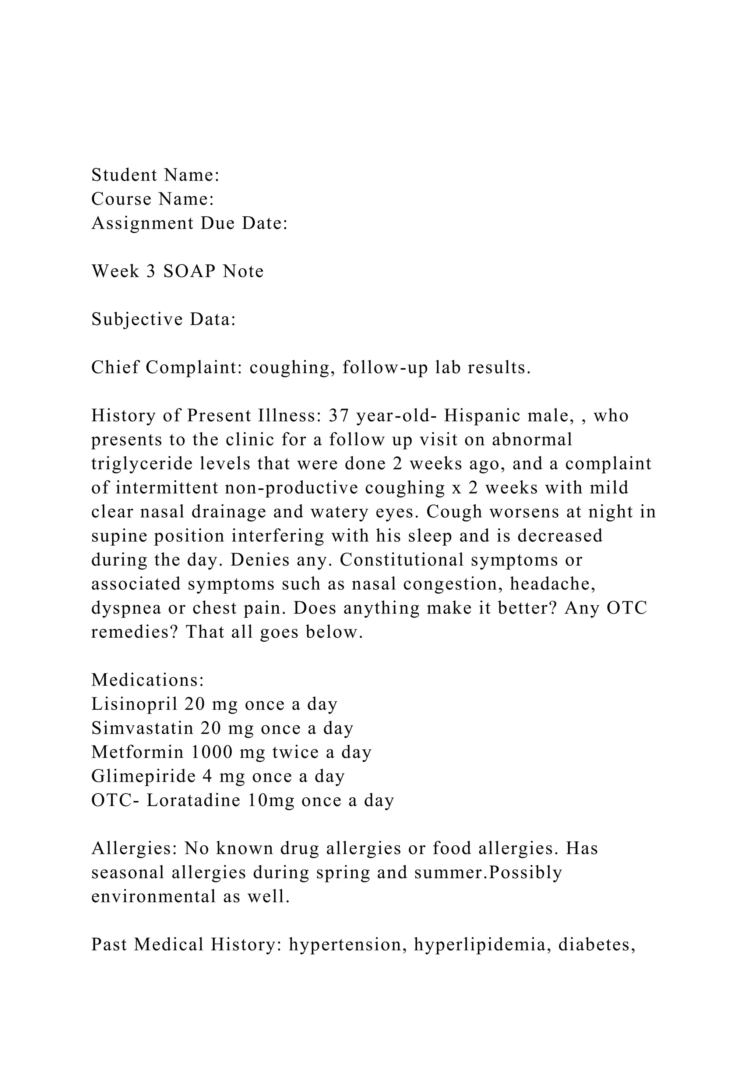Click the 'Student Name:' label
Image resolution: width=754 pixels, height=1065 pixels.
tap(155, 175)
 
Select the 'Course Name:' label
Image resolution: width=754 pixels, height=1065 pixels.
tap(152, 199)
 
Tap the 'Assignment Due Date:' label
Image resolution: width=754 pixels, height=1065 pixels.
tap(190, 224)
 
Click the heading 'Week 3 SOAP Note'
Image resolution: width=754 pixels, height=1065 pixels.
tap(177, 271)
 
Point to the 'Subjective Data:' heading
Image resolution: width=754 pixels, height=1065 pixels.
tap(163, 320)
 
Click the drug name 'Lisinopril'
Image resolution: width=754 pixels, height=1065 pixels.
tap(134, 705)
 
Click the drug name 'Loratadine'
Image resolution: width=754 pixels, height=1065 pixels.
tap(194, 801)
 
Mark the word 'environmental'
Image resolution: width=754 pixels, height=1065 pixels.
tap(153, 897)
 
